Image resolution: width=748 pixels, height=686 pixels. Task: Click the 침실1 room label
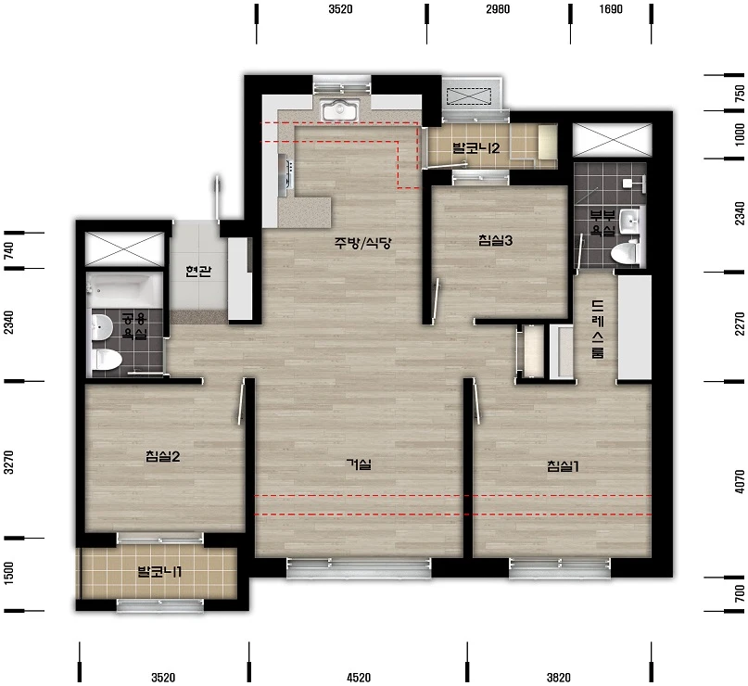tap(563, 466)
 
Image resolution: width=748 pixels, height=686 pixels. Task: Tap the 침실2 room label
tap(163, 456)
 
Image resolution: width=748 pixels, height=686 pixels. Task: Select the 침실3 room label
tap(495, 240)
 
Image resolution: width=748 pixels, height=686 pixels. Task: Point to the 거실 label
tap(359, 464)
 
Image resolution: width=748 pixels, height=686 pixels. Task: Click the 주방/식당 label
tap(362, 243)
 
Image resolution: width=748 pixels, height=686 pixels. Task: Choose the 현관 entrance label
tap(198, 272)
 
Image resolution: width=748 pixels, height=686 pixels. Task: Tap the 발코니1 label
tap(159, 571)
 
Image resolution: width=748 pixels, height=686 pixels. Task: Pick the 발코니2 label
tap(476, 147)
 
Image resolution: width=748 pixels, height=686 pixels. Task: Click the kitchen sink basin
tap(339, 110)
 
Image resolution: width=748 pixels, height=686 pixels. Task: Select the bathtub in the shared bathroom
tap(125, 290)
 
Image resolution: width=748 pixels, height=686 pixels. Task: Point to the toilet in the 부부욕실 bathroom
tap(626, 252)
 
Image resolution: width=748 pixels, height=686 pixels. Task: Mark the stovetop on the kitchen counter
tap(288, 172)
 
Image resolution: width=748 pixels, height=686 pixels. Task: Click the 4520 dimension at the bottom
tap(359, 678)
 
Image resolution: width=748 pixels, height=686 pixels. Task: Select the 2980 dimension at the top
tap(498, 9)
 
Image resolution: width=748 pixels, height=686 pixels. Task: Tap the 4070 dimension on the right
tap(740, 481)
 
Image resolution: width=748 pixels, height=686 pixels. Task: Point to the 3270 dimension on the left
tap(8, 462)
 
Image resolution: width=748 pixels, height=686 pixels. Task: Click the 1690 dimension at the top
tap(611, 9)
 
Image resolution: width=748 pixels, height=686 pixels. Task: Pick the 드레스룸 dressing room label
tap(597, 329)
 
